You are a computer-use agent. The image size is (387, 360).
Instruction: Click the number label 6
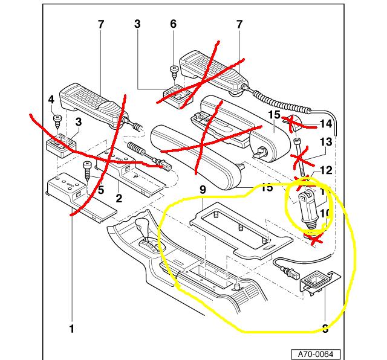[174, 25]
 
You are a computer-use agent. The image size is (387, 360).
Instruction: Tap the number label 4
[51, 100]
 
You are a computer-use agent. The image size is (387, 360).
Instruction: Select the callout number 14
[326, 125]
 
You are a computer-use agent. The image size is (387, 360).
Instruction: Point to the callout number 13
[325, 142]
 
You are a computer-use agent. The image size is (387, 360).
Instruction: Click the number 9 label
[203, 190]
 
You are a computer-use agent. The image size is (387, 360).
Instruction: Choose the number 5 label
[100, 190]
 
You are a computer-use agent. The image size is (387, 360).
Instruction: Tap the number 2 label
[120, 199]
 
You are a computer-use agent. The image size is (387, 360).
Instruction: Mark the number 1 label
[71, 329]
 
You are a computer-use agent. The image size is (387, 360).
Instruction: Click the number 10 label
[325, 213]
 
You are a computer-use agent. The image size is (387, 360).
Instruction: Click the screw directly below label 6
[174, 70]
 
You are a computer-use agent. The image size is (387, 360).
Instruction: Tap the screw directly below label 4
[56, 117]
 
